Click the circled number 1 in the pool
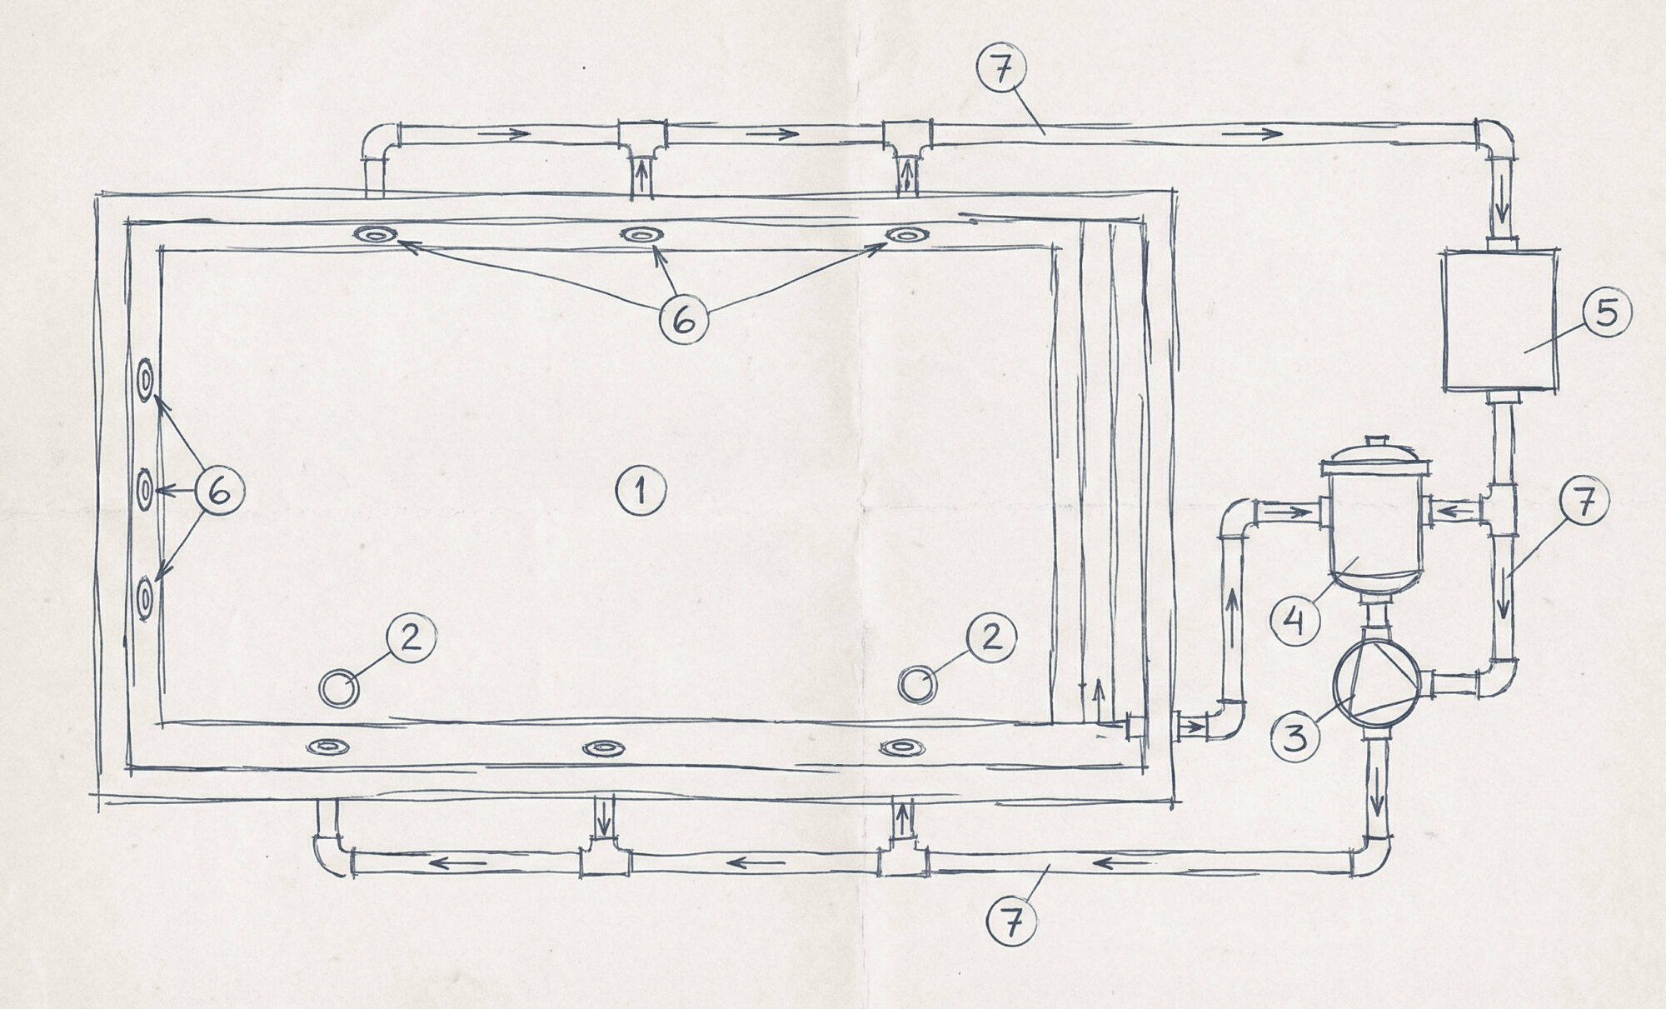pos(640,492)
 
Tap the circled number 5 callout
pos(1606,313)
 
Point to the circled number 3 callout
pos(1294,737)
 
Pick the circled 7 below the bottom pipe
pos(1010,925)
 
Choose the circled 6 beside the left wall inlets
pos(219,492)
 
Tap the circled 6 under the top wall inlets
pos(684,320)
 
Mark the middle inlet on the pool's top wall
pos(641,234)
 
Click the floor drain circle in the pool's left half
pos(340,688)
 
